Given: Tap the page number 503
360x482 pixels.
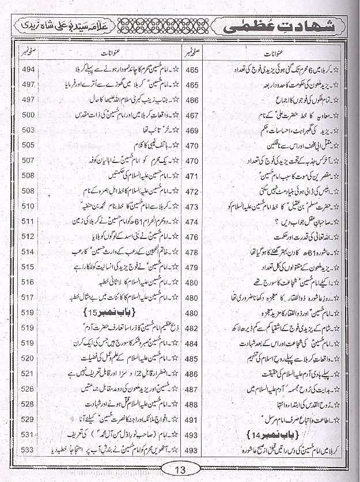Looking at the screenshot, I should pos(28,130).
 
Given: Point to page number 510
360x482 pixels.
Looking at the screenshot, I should pos(28,206).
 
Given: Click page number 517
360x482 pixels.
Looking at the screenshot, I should pos(28,298).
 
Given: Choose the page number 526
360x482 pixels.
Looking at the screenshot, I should pos(28,389).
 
